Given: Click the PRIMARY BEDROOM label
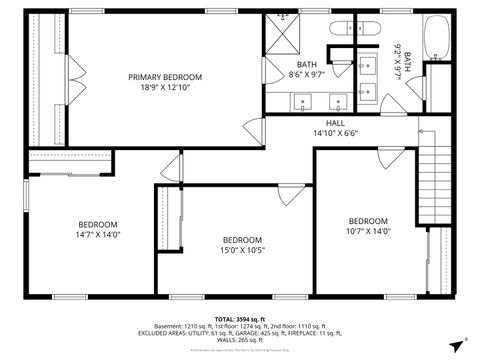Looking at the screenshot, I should pyautogui.click(x=165, y=77).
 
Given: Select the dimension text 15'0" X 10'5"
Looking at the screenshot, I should pyautogui.click(x=242, y=250).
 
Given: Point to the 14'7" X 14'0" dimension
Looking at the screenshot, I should pyautogui.click(x=98, y=235).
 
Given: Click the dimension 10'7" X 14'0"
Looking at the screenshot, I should pyautogui.click(x=368, y=231).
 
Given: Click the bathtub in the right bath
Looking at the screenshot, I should pyautogui.click(x=438, y=39).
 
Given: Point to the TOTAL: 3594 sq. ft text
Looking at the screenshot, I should pyautogui.click(x=241, y=319).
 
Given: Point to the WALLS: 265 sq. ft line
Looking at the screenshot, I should pyautogui.click(x=241, y=340).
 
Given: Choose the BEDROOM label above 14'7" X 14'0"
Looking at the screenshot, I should pyautogui.click(x=98, y=224).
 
